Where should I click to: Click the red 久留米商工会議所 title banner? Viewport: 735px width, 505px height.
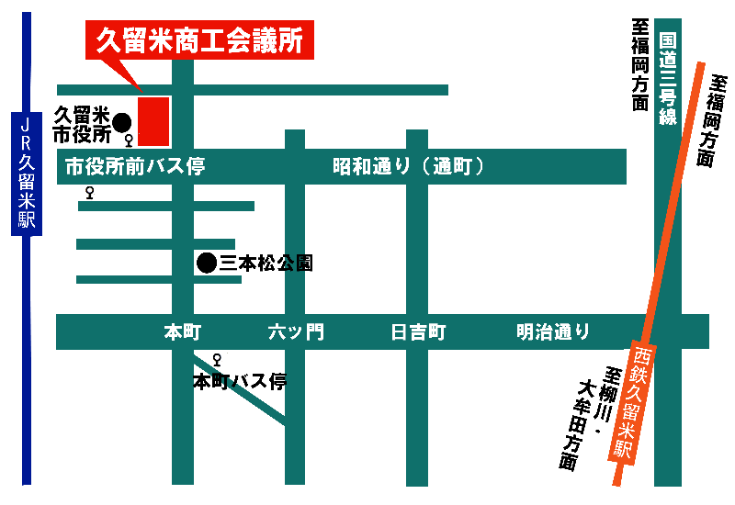(199, 39)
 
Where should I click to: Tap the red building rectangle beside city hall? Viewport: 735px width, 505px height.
(153, 121)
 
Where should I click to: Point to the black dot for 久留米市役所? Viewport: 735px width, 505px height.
(122, 123)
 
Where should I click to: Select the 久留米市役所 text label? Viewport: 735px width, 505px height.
(82, 125)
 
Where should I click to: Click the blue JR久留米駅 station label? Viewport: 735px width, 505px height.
(27, 174)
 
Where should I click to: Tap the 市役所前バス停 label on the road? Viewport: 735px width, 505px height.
(135, 166)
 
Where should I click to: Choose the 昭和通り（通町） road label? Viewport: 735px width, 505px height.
(408, 166)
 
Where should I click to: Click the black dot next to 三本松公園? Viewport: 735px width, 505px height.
(207, 263)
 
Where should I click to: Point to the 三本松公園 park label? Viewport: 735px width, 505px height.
(266, 264)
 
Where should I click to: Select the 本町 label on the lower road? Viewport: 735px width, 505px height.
(182, 332)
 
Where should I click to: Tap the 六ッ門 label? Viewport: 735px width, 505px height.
(296, 332)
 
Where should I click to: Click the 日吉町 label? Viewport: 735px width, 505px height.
(418, 332)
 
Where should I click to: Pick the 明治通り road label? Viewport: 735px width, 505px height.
(553, 331)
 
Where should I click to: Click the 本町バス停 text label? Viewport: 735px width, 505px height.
(240, 382)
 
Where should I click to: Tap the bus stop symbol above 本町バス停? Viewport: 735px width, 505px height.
(217, 360)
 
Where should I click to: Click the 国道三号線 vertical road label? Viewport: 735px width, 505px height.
(668, 79)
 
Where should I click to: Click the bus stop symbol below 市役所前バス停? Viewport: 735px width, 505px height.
(89, 193)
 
